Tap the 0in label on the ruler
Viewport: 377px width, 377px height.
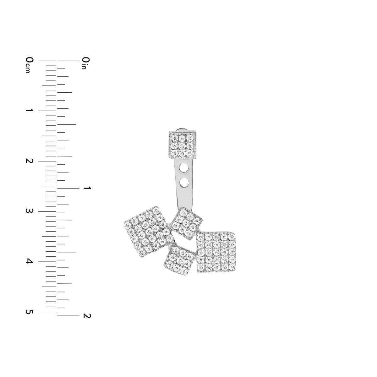click(x=86, y=63)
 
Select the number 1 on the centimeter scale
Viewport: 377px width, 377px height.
click(x=30, y=110)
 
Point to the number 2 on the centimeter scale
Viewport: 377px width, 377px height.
click(x=30, y=161)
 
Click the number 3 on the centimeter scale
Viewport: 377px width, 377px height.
click(x=30, y=211)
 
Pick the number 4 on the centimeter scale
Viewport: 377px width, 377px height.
click(x=30, y=261)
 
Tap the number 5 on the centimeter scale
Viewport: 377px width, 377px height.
click(x=30, y=312)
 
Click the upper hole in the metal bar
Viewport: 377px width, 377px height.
click(x=184, y=168)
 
